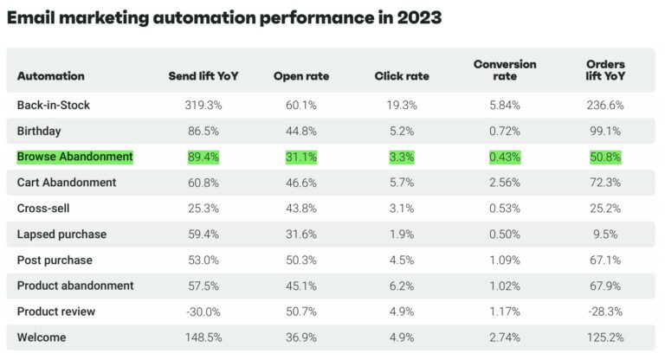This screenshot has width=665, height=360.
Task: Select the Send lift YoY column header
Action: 203,76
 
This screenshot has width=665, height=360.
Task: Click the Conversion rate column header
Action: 505,70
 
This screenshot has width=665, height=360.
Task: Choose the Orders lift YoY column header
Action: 604,70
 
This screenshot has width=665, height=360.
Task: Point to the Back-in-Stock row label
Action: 54,106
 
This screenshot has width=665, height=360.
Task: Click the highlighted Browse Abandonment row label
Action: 75,157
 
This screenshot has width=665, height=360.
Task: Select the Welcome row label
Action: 41,337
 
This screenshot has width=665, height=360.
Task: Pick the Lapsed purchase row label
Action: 60,234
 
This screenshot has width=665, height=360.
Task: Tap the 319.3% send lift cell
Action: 203,106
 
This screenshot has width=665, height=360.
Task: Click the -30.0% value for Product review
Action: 203,312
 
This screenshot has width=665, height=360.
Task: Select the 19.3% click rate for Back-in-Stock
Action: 402,106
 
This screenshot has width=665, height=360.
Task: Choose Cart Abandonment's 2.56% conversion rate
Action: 505,183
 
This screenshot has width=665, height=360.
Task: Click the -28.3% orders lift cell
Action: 604,312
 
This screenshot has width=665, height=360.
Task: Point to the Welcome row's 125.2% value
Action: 604,337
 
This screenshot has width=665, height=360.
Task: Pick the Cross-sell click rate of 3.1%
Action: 402,209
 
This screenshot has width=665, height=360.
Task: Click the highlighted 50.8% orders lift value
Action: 604,157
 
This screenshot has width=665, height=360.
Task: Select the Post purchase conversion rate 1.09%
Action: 505,260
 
